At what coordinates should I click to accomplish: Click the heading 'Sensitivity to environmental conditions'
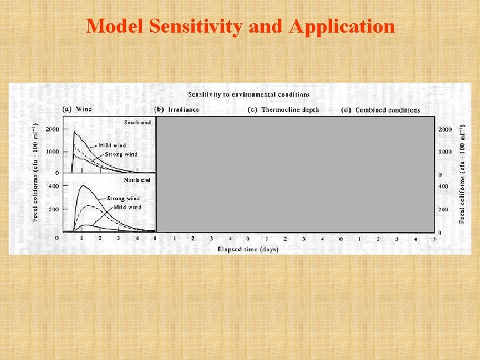[248, 95]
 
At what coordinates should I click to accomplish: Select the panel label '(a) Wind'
[77, 109]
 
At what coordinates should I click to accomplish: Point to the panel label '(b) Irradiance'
[177, 109]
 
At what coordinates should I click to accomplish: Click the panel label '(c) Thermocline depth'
[283, 110]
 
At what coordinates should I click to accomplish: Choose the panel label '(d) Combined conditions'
[381, 110]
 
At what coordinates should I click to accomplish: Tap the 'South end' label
[137, 122]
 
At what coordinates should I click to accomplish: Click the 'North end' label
[137, 180]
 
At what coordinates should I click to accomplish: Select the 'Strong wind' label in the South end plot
[121, 155]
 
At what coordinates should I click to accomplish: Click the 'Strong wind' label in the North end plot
[123, 198]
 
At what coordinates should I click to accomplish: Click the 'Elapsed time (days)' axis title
[247, 249]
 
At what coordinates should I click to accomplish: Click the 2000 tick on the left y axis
[51, 129]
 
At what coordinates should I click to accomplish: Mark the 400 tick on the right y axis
[443, 186]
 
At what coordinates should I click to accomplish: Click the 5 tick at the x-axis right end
[434, 238]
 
